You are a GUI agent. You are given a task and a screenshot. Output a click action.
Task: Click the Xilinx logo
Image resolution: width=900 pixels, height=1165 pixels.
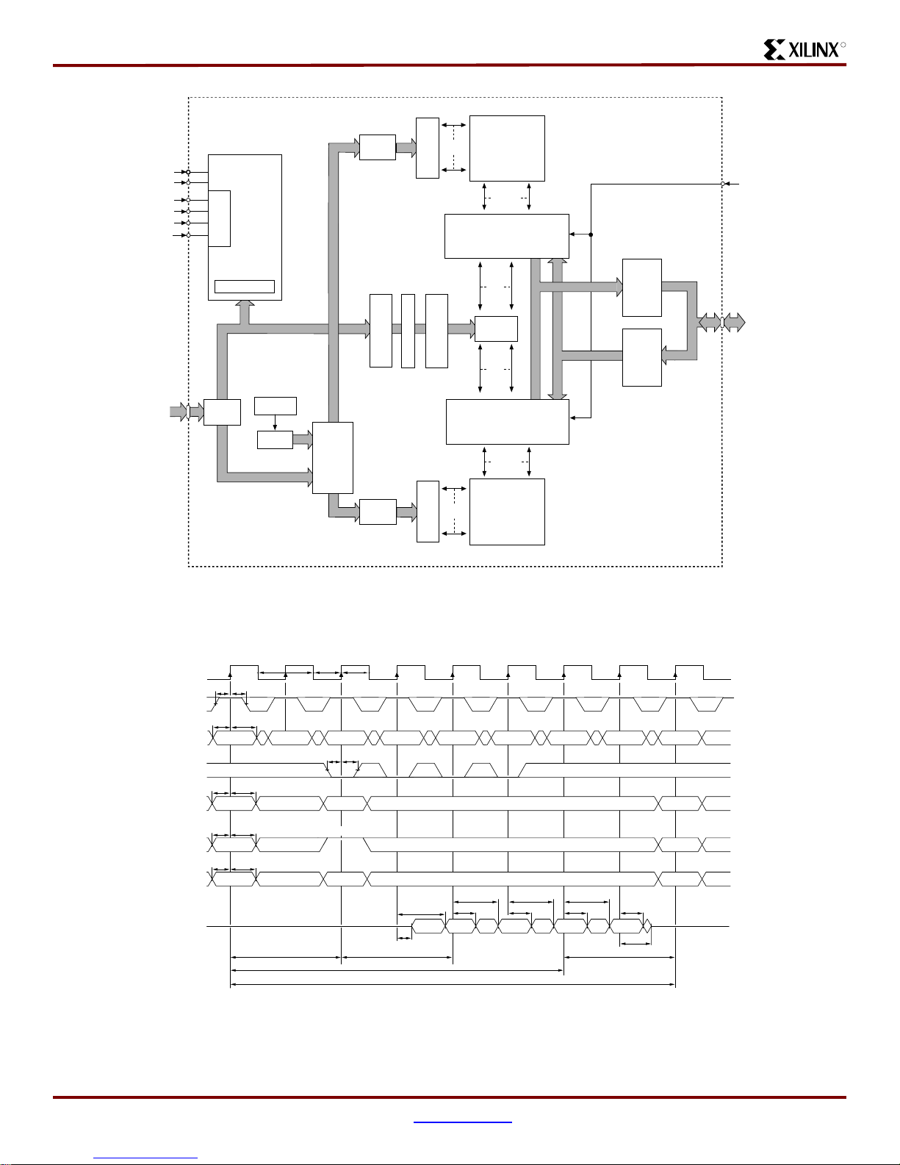click(x=804, y=49)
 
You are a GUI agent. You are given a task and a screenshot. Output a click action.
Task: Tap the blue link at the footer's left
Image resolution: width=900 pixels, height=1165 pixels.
click(x=145, y=1158)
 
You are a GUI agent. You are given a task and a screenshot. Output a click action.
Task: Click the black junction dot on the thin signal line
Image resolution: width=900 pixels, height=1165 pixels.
click(x=591, y=235)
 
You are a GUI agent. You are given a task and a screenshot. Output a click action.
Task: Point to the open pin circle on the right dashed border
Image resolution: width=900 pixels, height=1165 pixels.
click(x=724, y=184)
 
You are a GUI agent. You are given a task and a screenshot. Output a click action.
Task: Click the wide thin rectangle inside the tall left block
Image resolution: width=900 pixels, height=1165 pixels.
click(x=244, y=287)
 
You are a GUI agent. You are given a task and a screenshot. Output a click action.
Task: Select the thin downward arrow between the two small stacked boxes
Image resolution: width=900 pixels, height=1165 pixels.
click(x=275, y=423)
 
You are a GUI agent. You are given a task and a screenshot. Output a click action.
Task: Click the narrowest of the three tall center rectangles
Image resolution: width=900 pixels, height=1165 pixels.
click(x=408, y=331)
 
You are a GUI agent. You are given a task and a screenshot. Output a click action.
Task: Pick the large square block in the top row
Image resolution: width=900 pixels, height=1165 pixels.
click(x=507, y=148)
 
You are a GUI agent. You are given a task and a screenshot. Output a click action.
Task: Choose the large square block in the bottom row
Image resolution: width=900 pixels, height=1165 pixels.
click(x=507, y=512)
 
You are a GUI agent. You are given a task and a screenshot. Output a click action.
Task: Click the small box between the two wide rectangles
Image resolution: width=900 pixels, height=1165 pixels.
click(x=496, y=329)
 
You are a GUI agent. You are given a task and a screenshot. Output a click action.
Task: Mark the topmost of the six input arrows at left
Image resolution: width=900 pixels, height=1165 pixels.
click(x=180, y=172)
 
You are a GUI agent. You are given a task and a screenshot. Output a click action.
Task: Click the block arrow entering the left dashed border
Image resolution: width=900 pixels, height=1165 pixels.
click(x=179, y=412)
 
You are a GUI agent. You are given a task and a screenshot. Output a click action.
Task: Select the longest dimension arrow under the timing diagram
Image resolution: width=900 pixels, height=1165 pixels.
click(x=453, y=984)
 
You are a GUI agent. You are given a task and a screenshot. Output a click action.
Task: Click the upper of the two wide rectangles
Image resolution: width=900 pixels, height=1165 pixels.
click(x=507, y=236)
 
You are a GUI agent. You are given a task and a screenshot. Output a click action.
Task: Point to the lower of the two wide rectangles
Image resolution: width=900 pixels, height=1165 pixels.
click(x=508, y=422)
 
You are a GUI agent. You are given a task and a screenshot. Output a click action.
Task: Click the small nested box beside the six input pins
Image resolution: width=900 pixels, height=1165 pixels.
click(x=220, y=218)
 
